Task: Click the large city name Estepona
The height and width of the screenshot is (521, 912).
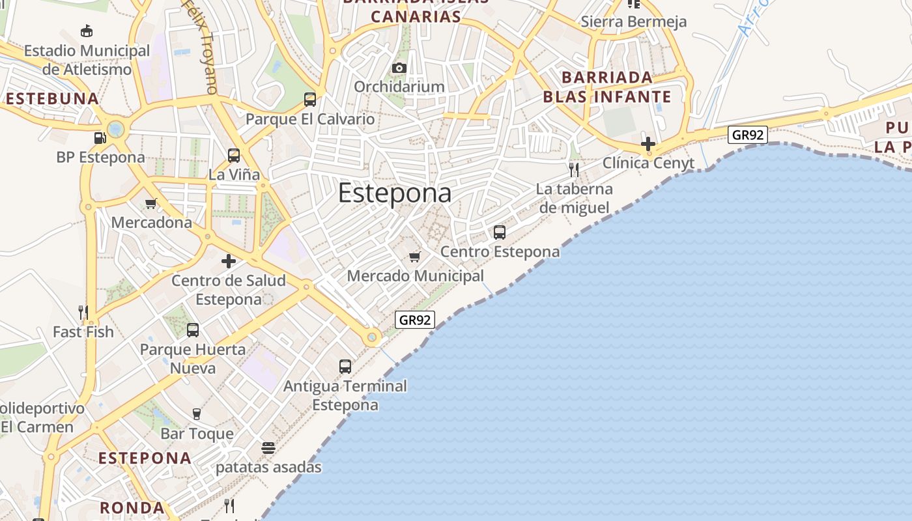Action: tap(395, 193)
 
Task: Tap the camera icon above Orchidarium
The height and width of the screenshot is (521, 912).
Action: tap(399, 68)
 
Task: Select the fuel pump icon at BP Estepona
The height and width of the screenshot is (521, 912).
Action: tap(100, 138)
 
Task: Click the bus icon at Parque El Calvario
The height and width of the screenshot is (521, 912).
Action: tap(310, 100)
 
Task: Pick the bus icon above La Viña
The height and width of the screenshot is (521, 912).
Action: tap(234, 156)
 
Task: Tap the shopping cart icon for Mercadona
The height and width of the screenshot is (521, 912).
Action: tap(151, 203)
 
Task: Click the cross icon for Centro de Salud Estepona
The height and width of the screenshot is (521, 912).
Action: tap(229, 261)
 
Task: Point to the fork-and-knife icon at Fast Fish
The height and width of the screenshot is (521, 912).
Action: tap(83, 313)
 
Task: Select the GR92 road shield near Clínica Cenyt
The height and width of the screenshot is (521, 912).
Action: tap(748, 135)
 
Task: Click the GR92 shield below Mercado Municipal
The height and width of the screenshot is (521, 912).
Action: tap(415, 320)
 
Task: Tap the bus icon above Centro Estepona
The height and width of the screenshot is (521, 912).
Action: tap(500, 232)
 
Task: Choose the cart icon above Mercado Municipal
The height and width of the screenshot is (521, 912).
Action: tap(415, 257)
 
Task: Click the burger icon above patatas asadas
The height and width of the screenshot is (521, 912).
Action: tap(268, 448)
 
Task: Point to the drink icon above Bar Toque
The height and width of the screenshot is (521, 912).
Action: tap(196, 414)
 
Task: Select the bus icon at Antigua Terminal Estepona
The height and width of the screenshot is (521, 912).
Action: tap(345, 367)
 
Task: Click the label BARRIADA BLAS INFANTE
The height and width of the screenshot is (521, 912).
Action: tap(607, 87)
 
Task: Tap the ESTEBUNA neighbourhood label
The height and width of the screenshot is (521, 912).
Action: tap(53, 99)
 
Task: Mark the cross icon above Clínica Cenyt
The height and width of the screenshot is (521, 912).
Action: tap(648, 144)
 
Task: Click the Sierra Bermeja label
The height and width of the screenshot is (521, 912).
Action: tap(633, 21)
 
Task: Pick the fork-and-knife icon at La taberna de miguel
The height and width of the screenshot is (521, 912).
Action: tap(574, 170)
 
